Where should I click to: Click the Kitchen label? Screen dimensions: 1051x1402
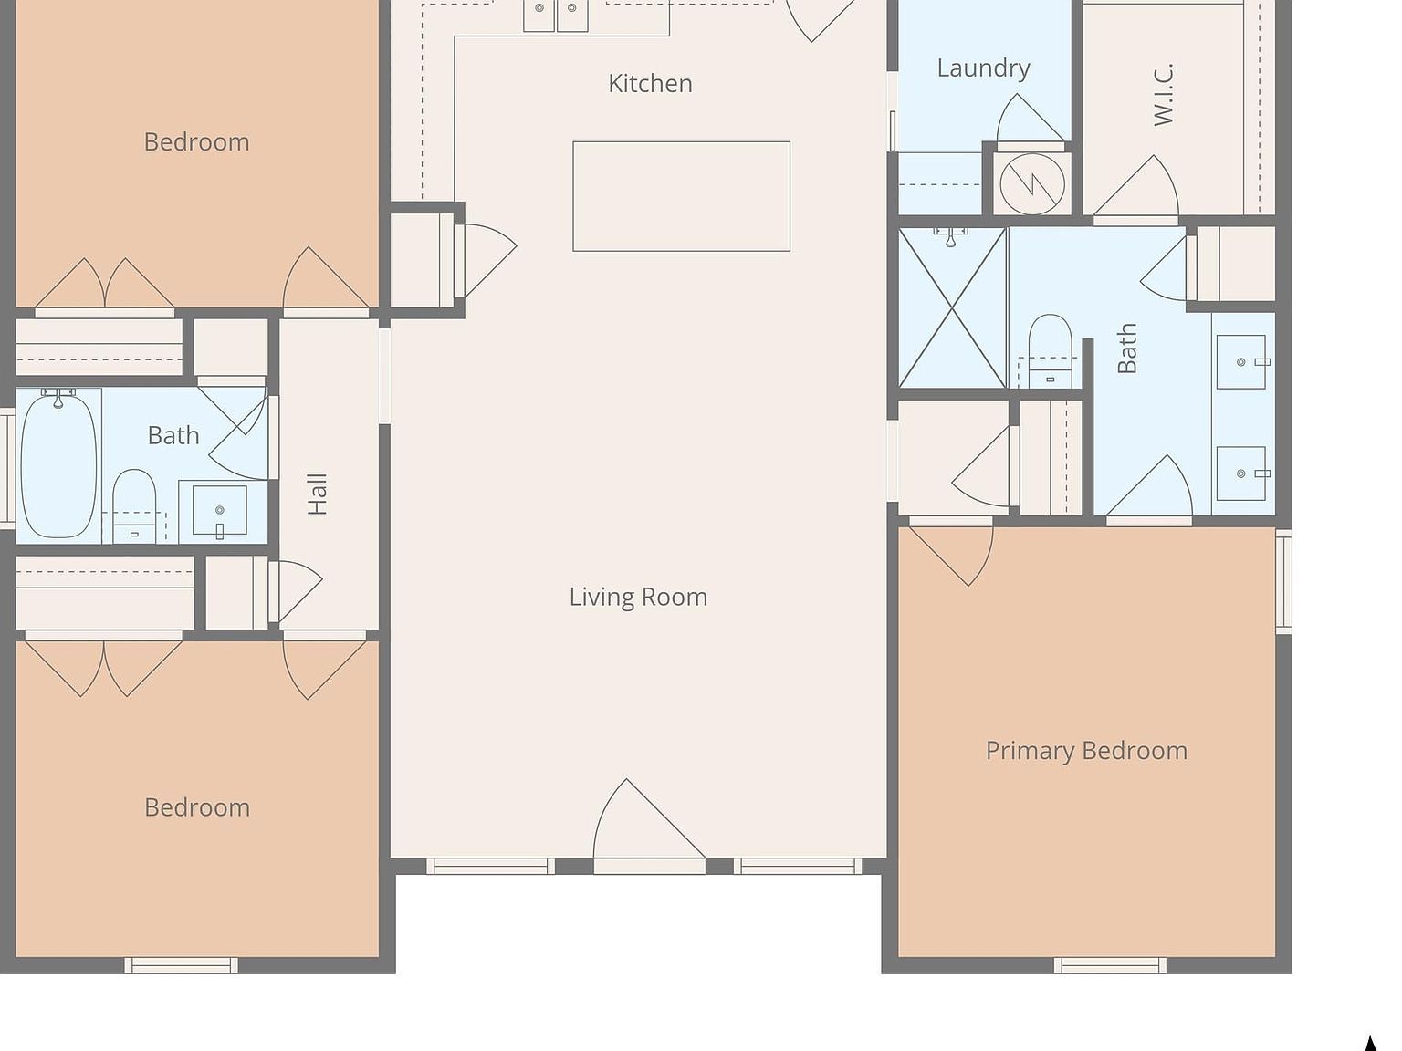pyautogui.click(x=650, y=84)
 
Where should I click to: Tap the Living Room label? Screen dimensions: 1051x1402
pyautogui.click(x=638, y=597)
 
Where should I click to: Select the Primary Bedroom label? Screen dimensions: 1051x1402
pyautogui.click(x=1086, y=751)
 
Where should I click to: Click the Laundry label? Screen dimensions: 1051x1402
pyautogui.click(x=983, y=68)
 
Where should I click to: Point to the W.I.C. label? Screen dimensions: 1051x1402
pyautogui.click(x=1162, y=95)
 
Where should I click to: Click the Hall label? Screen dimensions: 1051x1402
pyautogui.click(x=318, y=494)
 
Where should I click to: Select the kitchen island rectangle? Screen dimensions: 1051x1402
pyautogui.click(x=681, y=196)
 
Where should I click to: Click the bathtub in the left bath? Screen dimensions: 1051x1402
pyautogui.click(x=58, y=463)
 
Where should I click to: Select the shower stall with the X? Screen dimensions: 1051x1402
pyautogui.click(x=952, y=308)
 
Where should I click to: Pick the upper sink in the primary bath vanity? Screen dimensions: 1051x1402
pyautogui.click(x=1241, y=362)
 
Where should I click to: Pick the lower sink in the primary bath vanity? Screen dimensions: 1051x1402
pyautogui.click(x=1241, y=473)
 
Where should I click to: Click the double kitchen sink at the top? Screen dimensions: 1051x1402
pyautogui.click(x=555, y=14)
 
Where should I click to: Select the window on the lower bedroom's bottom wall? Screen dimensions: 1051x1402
pyautogui.click(x=181, y=965)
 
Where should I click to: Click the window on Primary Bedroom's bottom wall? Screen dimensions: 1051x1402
pyautogui.click(x=1110, y=965)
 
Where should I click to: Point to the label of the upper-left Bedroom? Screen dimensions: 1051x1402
pyautogui.click(x=196, y=142)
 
